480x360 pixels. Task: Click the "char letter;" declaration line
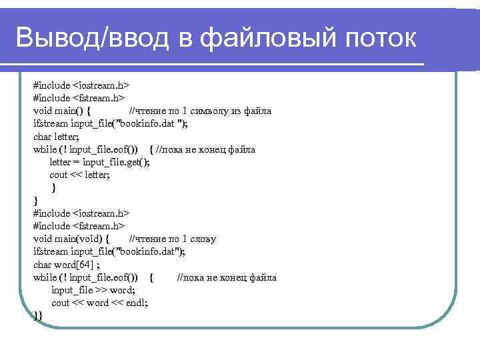(56, 137)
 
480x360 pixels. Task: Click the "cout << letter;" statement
(80, 175)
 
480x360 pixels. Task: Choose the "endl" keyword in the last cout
(137, 303)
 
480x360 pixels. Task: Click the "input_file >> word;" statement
(93, 290)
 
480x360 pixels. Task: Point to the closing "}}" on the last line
(38, 315)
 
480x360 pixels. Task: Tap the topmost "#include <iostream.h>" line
(81, 86)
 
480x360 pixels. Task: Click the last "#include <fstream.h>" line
(79, 226)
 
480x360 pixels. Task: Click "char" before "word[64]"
(43, 265)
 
